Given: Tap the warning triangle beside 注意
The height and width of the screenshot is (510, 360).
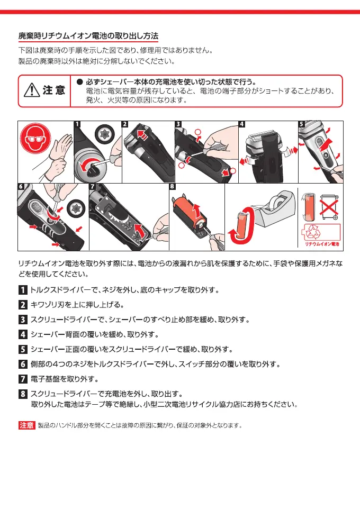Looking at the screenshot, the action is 32,90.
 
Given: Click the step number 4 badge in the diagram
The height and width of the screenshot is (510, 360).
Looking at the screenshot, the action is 241,125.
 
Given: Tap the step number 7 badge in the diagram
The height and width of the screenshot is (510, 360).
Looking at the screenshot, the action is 93,187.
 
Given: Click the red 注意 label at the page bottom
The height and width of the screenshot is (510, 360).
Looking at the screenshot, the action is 26,425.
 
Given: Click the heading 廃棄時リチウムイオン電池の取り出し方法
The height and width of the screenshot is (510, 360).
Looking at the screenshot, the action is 88,37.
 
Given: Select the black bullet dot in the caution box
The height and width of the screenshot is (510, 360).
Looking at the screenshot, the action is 79,82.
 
